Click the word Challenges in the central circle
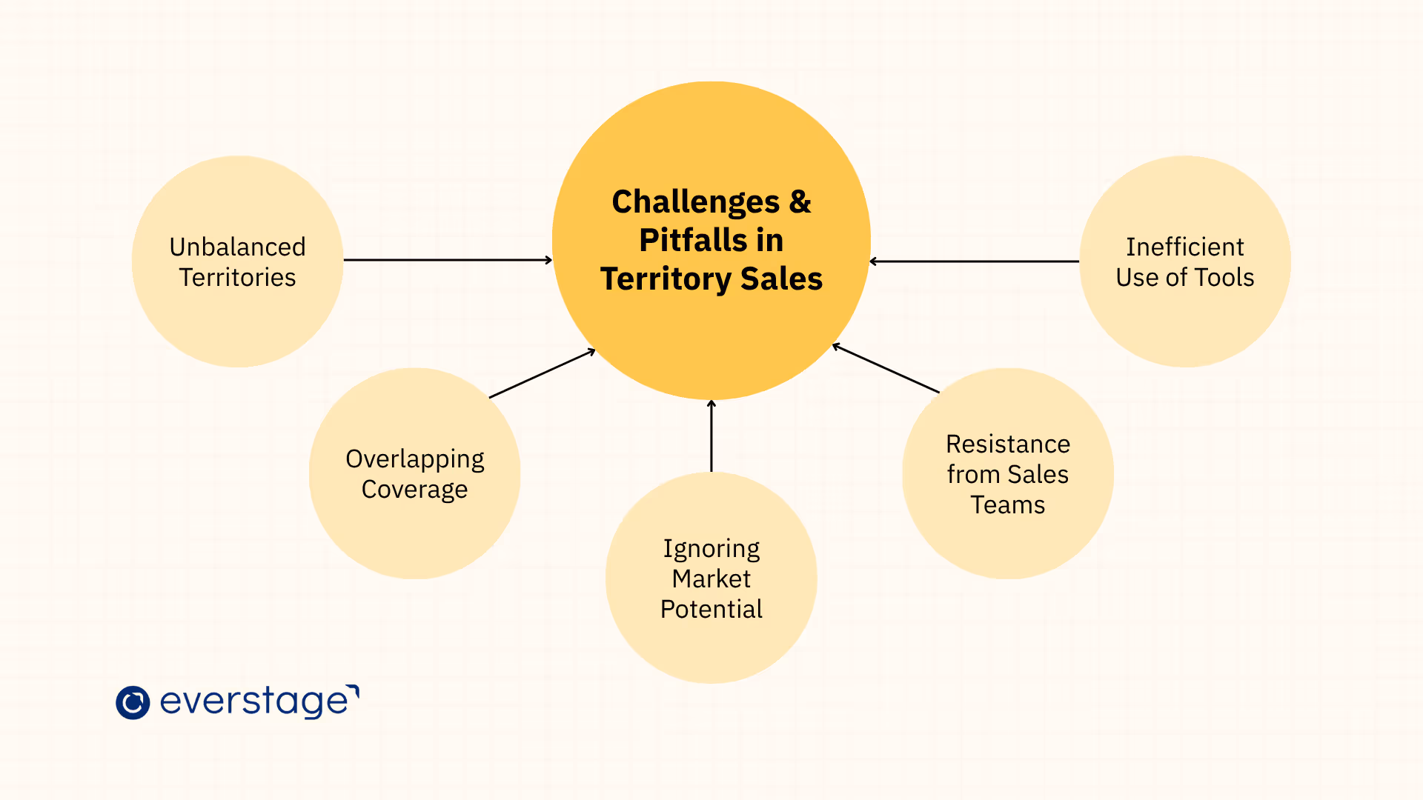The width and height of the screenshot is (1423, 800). click(695, 202)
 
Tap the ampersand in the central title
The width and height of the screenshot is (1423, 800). click(800, 201)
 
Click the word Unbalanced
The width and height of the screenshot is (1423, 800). click(237, 247)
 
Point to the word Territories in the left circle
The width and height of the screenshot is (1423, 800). click(237, 278)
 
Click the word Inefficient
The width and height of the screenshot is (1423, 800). click(1184, 247)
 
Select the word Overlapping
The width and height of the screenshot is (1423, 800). click(414, 459)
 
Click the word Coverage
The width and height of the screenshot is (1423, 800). click(414, 490)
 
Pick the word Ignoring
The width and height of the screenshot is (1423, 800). click(711, 549)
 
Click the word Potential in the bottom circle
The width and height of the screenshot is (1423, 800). click(711, 610)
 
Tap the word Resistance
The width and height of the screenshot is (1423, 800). click(1008, 444)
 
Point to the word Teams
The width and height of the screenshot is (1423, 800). click(1008, 505)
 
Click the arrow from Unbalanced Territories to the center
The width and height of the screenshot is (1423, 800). click(448, 260)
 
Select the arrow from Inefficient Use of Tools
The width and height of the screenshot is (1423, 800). click(974, 261)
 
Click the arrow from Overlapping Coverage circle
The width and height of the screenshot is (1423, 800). click(542, 373)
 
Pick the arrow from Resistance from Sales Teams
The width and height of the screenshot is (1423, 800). click(886, 368)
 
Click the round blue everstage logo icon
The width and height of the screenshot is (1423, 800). click(133, 702)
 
